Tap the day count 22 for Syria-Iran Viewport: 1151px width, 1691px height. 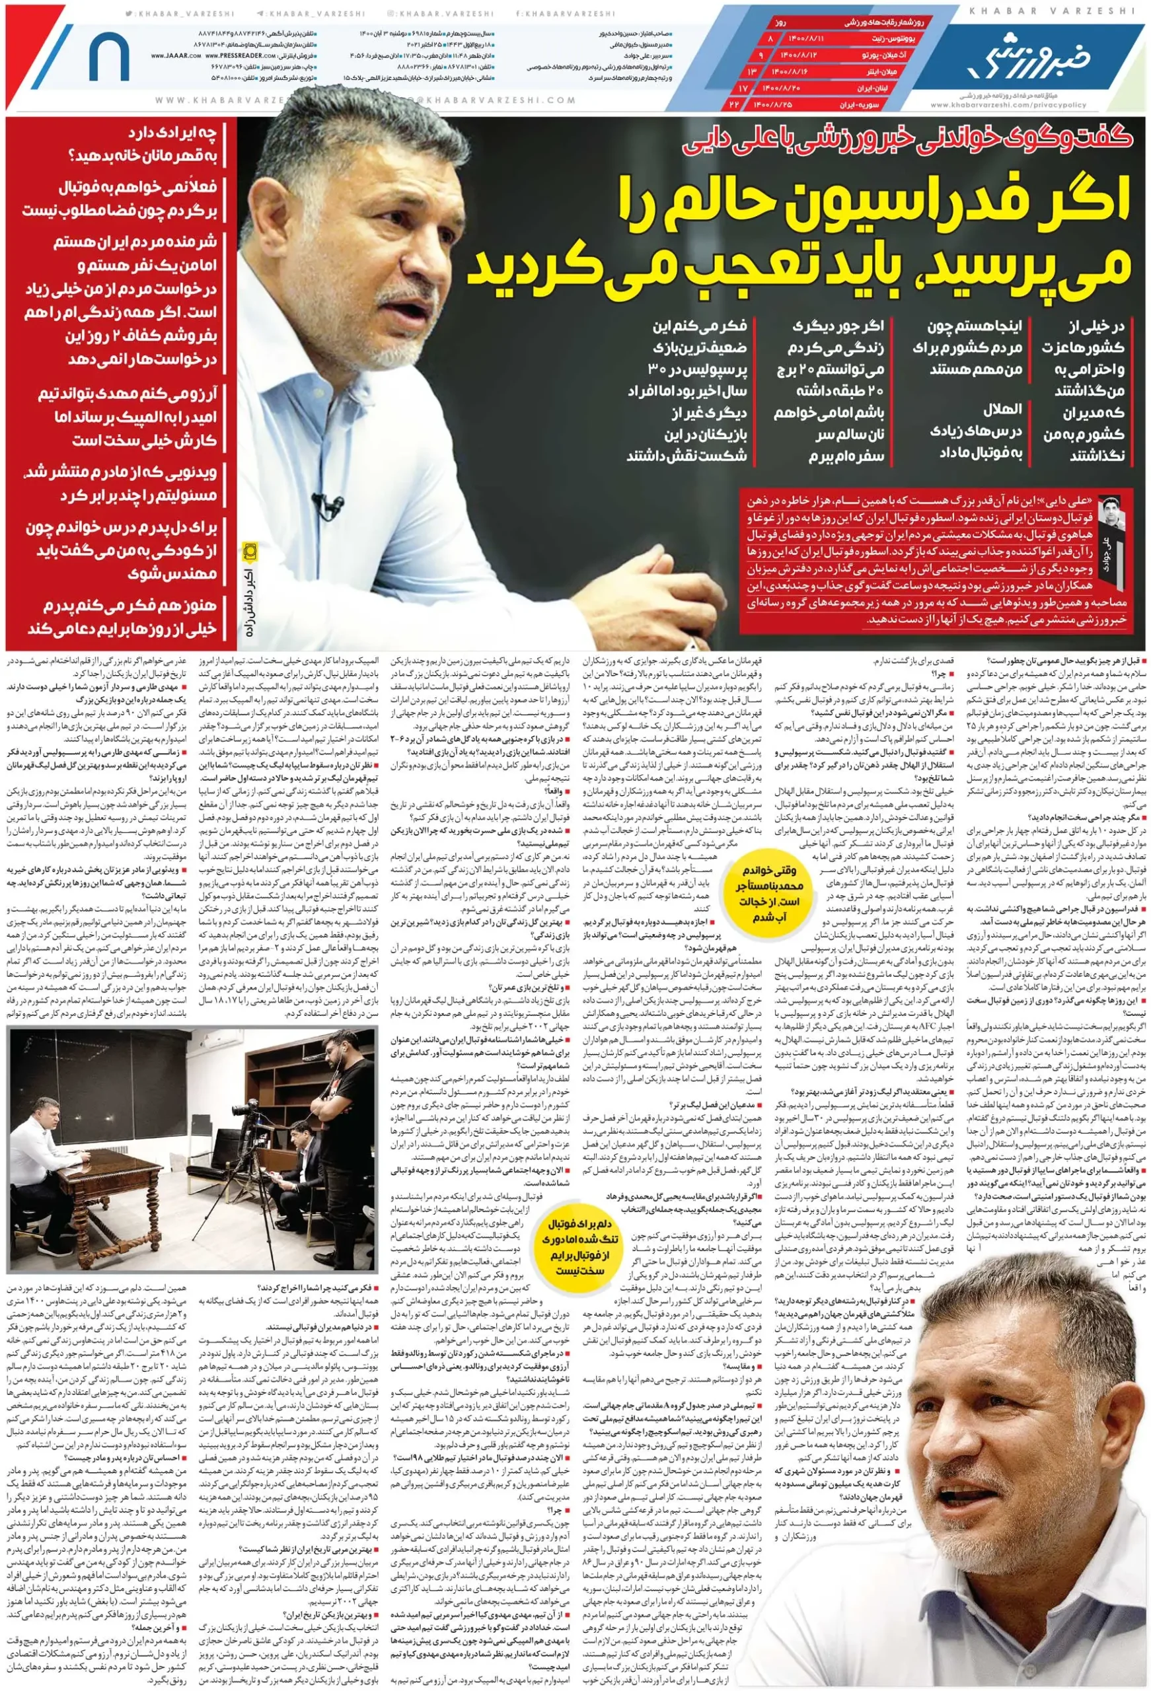735,104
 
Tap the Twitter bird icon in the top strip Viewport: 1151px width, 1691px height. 130,13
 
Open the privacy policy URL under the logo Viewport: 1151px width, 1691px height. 1008,105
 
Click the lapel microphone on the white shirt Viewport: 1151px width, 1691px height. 333,504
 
